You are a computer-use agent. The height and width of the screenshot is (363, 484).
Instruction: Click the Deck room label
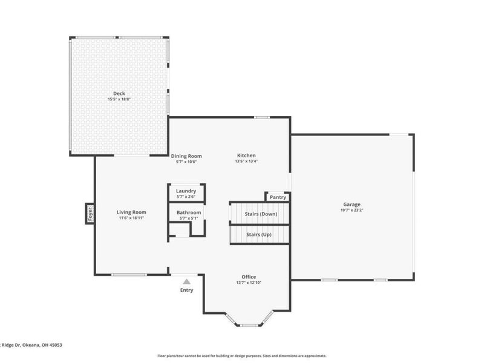click(119, 94)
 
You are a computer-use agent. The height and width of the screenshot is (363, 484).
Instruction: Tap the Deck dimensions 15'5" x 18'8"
click(119, 99)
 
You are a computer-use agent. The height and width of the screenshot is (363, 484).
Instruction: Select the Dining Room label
click(186, 156)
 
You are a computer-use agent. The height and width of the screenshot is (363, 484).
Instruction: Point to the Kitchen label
click(246, 155)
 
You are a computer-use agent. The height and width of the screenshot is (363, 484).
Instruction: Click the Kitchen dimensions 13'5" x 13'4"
click(246, 162)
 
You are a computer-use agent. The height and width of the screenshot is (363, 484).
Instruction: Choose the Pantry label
click(278, 197)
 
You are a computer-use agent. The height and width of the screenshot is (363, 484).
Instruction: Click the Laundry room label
click(186, 191)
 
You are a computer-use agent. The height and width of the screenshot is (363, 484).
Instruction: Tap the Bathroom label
click(189, 212)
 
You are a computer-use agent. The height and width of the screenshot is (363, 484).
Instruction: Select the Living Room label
click(131, 212)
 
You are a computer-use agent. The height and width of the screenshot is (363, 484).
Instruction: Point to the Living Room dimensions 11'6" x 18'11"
click(131, 218)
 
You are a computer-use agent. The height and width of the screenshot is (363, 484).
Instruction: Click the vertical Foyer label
click(90, 214)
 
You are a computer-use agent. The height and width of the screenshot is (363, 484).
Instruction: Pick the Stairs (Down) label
click(261, 214)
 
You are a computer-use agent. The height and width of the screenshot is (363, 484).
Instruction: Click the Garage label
click(352, 204)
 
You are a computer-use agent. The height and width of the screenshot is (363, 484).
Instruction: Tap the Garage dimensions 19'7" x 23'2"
click(352, 210)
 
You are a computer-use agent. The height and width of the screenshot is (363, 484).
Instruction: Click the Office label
click(249, 276)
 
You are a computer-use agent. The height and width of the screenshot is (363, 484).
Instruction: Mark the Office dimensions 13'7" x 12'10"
click(249, 283)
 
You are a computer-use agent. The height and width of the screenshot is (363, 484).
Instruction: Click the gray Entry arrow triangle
click(187, 281)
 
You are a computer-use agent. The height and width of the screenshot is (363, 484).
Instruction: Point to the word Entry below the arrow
click(187, 290)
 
